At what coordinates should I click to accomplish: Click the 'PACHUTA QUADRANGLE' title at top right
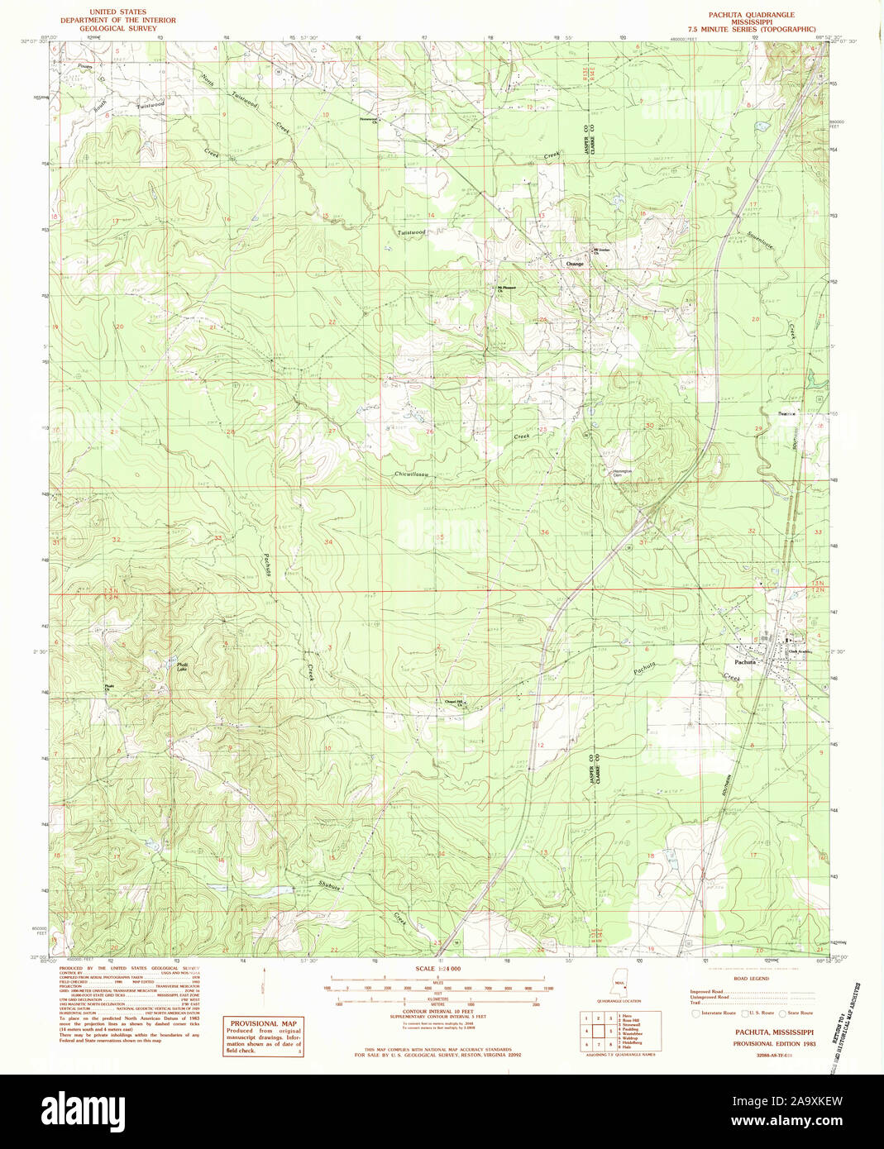750,15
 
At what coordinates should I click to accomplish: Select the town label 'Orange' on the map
575,264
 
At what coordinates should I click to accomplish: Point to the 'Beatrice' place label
786,413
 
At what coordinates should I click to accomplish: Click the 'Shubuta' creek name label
329,884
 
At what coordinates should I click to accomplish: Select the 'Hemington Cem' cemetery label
622,473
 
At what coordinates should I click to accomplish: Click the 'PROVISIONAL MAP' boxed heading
263,1023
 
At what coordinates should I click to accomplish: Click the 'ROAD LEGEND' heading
753,979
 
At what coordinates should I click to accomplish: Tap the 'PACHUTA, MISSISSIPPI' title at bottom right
773,1032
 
